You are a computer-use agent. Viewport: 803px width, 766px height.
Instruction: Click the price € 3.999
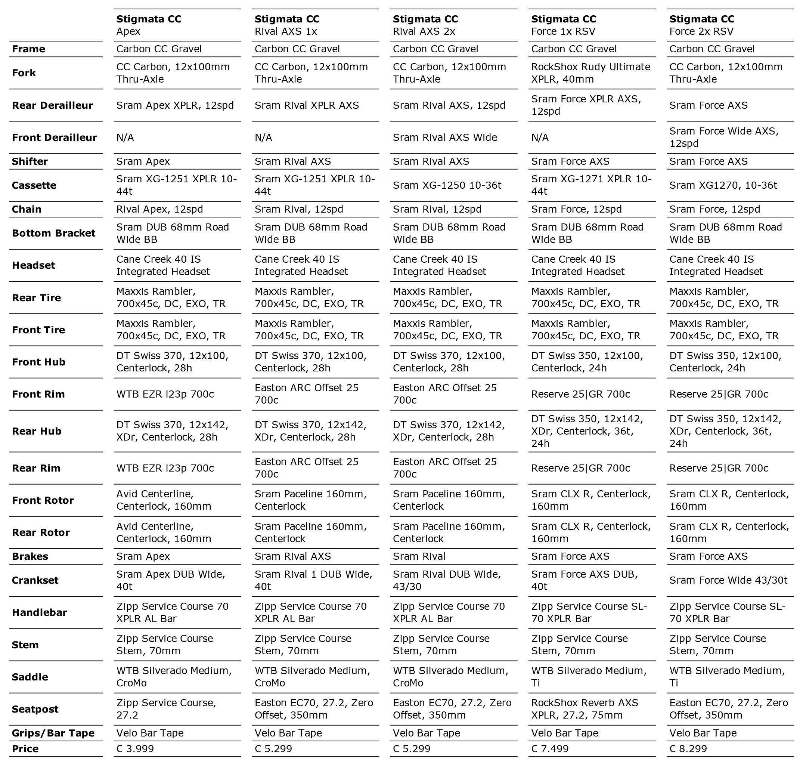tap(135, 748)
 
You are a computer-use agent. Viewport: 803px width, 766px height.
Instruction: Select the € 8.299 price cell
tap(688, 748)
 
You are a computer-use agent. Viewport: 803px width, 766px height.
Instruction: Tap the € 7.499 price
tap(550, 748)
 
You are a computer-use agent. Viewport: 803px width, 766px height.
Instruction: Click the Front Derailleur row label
tap(54, 137)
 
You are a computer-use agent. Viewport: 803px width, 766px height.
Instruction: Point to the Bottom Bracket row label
tap(53, 233)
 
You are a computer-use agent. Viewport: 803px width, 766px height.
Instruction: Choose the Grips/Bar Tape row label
tap(53, 733)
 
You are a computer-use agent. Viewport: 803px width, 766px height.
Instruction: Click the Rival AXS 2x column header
tap(425, 25)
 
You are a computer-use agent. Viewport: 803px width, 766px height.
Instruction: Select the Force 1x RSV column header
tap(564, 25)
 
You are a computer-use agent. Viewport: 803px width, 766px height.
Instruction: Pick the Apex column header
tap(149, 25)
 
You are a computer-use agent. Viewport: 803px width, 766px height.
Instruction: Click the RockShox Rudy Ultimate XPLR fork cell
tap(590, 73)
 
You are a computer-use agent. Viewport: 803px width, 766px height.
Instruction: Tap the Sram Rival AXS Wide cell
tap(445, 137)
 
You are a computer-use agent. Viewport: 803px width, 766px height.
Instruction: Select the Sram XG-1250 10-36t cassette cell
tap(447, 185)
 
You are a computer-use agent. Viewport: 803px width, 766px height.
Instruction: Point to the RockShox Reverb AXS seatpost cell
tap(584, 709)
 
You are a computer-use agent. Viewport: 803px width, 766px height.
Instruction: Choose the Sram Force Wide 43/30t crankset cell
tap(728, 580)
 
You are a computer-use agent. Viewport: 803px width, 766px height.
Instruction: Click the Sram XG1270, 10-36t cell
tap(723, 185)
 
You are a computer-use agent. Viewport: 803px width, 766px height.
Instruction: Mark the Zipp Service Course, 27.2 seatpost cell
tap(166, 709)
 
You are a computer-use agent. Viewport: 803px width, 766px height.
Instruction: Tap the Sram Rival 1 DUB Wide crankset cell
tap(313, 580)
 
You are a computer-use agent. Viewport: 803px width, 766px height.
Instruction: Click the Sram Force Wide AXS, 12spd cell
tap(724, 137)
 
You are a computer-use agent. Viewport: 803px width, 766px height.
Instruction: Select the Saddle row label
tap(30, 677)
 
